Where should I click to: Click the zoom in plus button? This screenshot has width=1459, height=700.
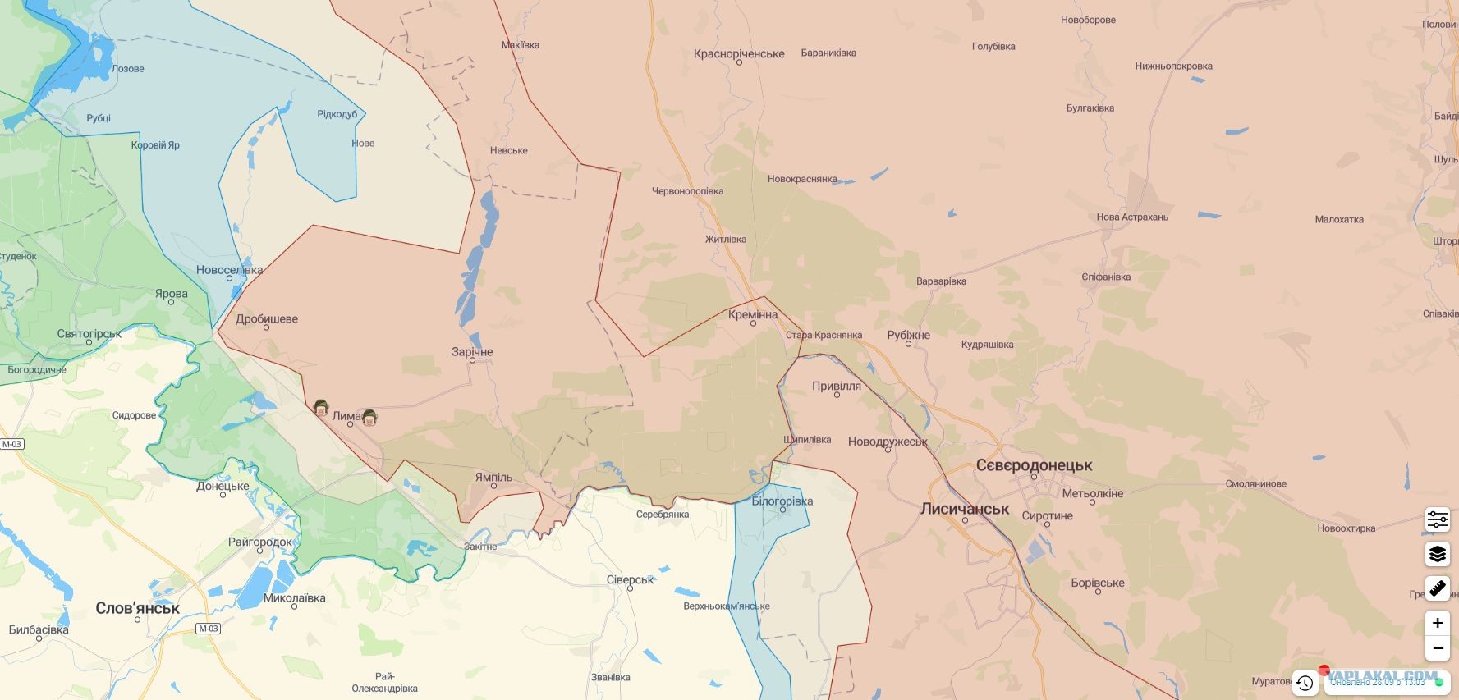[1437, 623]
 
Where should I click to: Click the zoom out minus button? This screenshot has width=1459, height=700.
[1437, 648]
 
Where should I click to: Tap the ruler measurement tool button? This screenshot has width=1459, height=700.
[1437, 588]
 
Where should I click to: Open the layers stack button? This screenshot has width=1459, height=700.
[1437, 554]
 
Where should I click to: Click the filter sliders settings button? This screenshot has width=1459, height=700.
[1437, 519]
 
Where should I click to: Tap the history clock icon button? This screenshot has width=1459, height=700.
[1305, 683]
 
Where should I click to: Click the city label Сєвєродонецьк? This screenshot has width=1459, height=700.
[1034, 465]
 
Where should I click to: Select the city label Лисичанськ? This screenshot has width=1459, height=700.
[965, 509]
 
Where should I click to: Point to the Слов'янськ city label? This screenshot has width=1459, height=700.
[137, 608]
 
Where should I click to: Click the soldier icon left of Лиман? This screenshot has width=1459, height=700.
[321, 407]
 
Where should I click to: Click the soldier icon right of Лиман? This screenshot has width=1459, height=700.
[369, 417]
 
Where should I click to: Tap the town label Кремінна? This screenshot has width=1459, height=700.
[752, 314]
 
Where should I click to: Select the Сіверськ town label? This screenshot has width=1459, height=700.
[630, 579]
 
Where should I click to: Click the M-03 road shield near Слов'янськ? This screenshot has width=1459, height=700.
[209, 629]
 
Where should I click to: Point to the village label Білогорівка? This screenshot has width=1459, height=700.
[782, 501]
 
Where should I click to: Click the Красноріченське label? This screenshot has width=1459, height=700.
[739, 53]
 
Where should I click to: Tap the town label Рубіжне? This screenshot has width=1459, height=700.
[908, 335]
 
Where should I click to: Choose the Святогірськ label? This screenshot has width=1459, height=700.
[89, 334]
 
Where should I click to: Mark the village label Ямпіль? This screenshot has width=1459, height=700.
[493, 477]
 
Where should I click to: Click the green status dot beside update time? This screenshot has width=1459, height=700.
[1439, 682]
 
